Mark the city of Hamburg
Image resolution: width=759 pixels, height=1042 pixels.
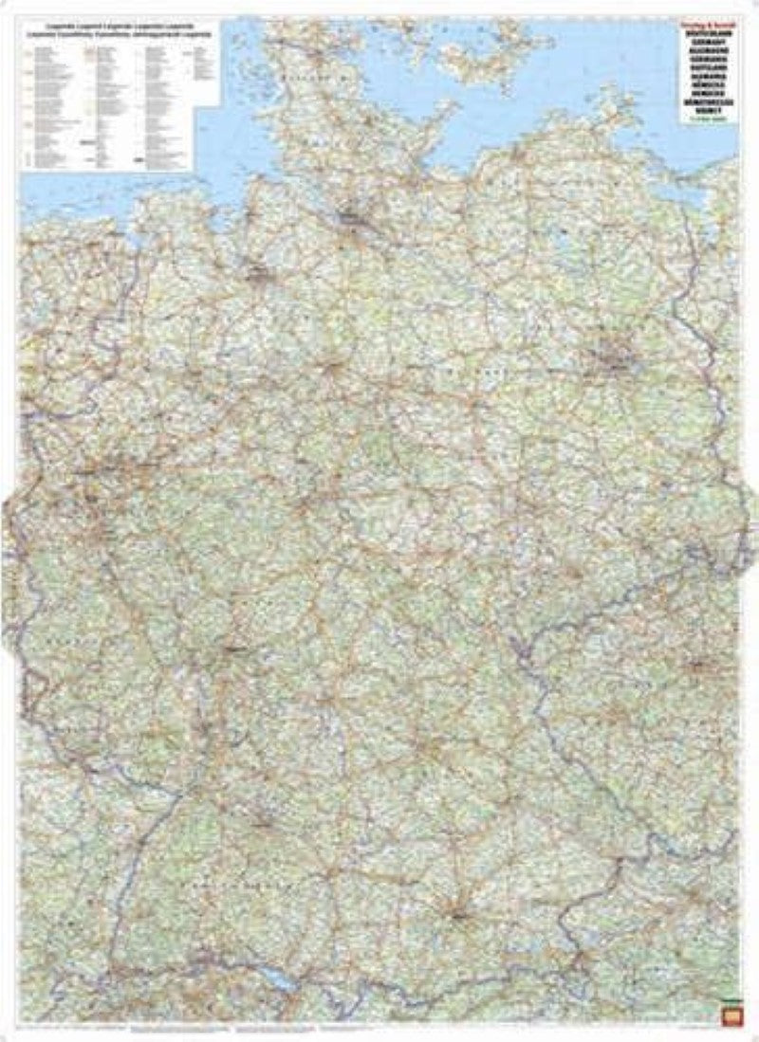353,223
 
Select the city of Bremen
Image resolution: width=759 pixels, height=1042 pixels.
258,275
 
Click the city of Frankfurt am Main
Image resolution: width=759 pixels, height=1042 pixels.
232,649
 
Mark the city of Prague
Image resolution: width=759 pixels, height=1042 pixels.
698,664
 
